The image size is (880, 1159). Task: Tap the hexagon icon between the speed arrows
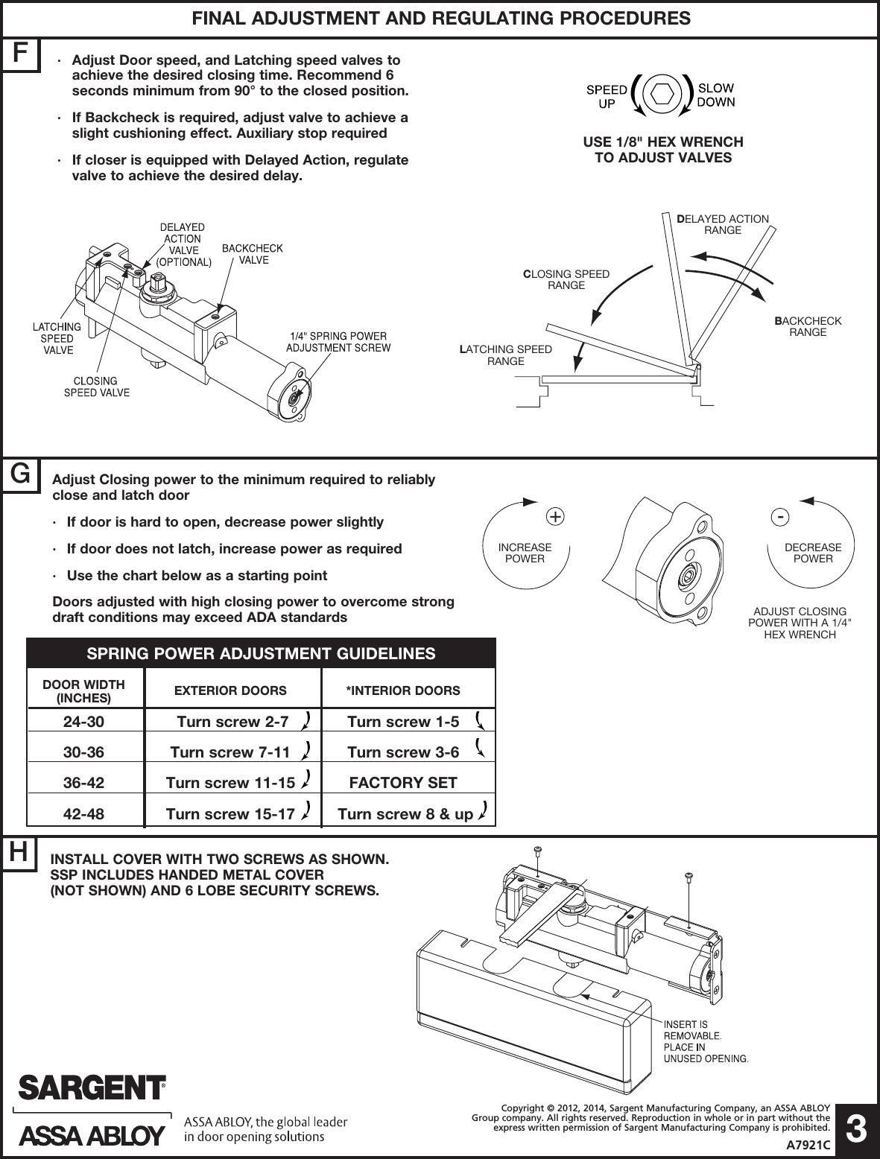pyautogui.click(x=663, y=94)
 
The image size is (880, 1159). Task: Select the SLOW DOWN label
pyautogui.click(x=715, y=95)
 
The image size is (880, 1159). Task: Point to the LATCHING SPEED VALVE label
pyautogui.click(x=57, y=338)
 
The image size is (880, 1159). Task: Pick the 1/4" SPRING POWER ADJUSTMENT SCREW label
pyautogui.click(x=338, y=342)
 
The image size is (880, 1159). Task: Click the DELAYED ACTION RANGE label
pyautogui.click(x=723, y=224)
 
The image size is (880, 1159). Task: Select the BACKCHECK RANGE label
pyautogui.click(x=808, y=326)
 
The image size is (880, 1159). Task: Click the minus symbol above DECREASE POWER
pyautogui.click(x=779, y=515)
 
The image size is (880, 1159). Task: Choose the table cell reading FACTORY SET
pyautogui.click(x=403, y=783)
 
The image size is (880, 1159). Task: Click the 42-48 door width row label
pyautogui.click(x=83, y=814)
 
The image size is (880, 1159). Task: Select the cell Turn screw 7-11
pyautogui.click(x=230, y=752)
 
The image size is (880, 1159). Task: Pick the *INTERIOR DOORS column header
pyautogui.click(x=403, y=690)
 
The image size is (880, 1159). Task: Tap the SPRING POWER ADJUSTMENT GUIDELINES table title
pyautogui.click(x=261, y=654)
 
